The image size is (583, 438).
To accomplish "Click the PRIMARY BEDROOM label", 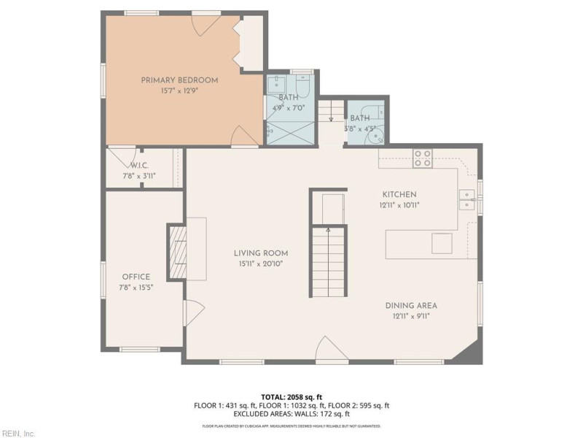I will (179, 80).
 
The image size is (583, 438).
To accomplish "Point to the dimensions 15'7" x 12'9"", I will (179, 91).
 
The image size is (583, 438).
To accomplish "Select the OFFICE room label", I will (136, 277).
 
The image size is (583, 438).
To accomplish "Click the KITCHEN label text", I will (399, 194).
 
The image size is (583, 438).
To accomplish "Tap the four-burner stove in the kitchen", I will (423, 158).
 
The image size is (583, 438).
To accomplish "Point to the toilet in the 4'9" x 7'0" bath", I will (304, 87).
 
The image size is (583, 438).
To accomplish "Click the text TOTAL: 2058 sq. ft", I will (291, 396).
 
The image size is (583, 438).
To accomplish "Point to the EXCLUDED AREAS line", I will (291, 413).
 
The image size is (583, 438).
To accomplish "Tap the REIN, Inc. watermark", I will (18, 433).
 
